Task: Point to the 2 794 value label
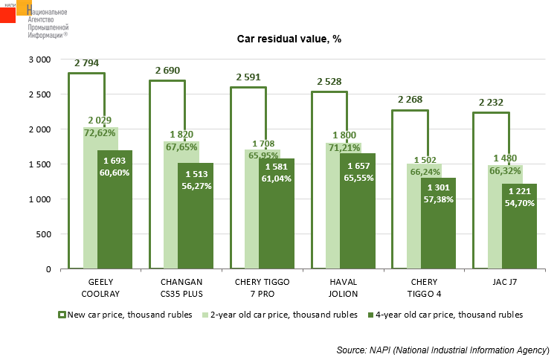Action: tap(86, 63)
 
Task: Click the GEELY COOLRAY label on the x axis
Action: tap(99, 287)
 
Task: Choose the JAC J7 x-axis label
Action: tap(503, 283)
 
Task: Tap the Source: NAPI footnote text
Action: tap(442, 350)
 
